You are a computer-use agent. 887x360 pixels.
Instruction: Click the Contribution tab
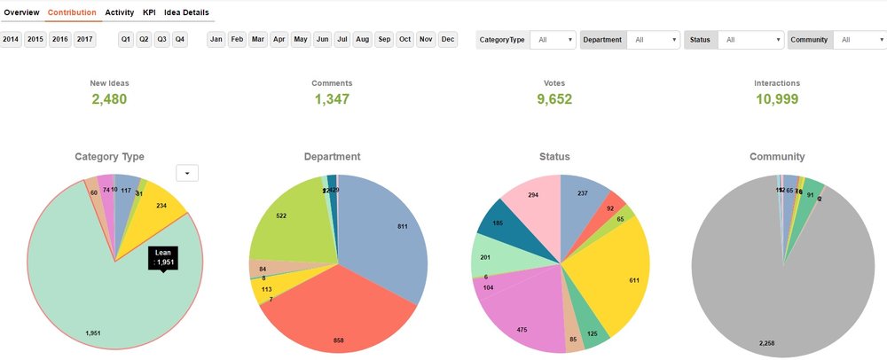72,12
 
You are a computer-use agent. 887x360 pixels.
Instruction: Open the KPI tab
149,12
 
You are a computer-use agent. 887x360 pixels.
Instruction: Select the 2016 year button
60,39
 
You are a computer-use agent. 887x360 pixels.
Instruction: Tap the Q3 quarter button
161,39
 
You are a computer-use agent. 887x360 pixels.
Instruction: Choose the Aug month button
363,39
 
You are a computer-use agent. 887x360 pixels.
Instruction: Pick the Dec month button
448,39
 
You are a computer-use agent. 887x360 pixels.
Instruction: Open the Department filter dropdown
653,40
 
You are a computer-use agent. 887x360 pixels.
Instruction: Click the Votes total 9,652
554,98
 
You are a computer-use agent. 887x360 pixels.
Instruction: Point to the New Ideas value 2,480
109,98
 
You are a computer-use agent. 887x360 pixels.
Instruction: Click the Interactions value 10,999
777,98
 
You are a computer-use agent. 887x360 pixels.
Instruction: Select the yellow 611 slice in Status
612,275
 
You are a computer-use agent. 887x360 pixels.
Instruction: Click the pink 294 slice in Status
532,200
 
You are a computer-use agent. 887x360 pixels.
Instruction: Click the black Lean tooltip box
162,257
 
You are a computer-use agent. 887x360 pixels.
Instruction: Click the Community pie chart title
776,157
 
